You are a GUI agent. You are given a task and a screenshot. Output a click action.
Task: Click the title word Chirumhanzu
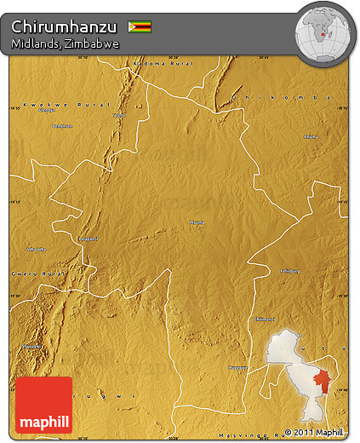point(65,26)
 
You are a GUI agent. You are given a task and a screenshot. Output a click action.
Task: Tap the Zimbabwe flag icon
point(140,27)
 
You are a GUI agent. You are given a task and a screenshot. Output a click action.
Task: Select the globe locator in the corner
point(323,32)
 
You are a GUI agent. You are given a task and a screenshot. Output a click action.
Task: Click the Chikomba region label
point(286,98)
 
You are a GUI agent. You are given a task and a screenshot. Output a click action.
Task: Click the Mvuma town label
point(197,222)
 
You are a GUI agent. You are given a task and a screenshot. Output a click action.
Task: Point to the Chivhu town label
point(311,136)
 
